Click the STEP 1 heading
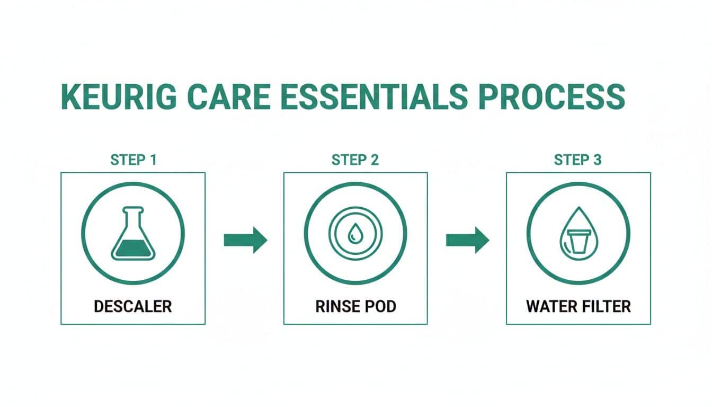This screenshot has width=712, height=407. pos(133,160)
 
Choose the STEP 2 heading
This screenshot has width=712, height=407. pos(355,160)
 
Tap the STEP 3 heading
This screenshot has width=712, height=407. pos(578,160)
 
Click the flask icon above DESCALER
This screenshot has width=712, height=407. pos(133,233)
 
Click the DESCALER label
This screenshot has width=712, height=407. pos(133,306)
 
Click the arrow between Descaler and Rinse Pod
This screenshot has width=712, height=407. pos(245,240)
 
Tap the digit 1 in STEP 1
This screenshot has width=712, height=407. pos(153,160)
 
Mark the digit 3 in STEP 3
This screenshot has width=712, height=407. pos(598,160)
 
